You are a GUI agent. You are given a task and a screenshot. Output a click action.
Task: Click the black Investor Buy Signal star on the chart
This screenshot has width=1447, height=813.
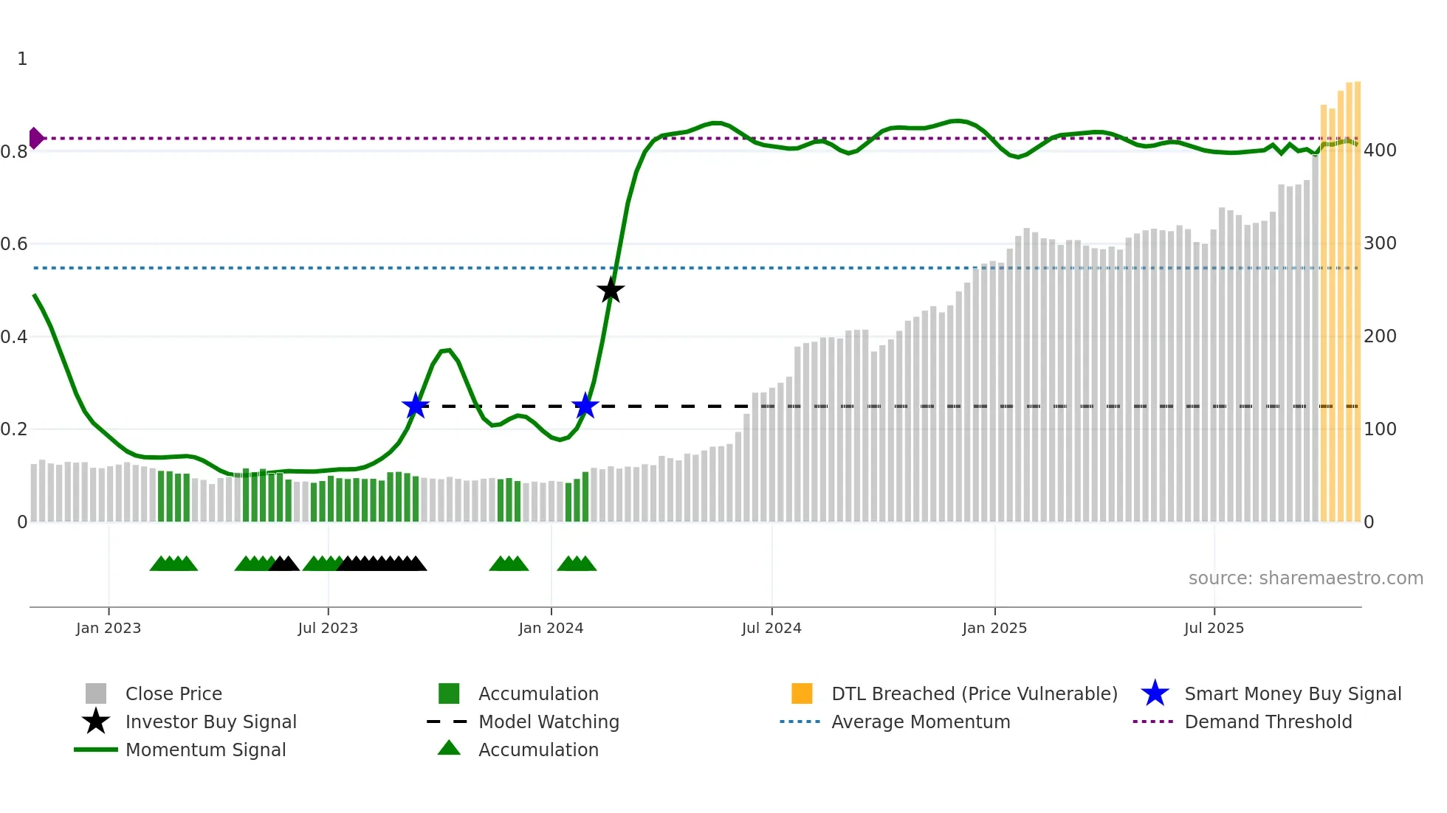click(x=611, y=291)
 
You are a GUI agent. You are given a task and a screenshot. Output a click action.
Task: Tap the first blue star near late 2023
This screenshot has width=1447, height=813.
click(x=416, y=406)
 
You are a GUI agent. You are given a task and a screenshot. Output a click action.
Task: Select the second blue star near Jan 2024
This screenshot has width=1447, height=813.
click(x=585, y=406)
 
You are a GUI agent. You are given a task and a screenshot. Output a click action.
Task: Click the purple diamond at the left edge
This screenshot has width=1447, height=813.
click(x=35, y=138)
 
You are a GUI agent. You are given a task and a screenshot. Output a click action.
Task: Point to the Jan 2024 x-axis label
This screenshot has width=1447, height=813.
click(x=551, y=628)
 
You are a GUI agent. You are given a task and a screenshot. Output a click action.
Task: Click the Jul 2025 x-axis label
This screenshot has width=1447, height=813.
click(x=1214, y=628)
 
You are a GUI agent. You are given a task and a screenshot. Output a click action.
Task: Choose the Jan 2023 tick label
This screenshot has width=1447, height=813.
click(x=109, y=628)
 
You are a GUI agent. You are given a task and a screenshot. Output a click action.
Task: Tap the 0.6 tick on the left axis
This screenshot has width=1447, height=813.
click(x=15, y=244)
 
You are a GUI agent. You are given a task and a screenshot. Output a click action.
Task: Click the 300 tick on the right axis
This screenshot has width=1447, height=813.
click(x=1380, y=243)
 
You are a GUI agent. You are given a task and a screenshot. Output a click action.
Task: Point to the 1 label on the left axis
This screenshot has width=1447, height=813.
click(x=22, y=59)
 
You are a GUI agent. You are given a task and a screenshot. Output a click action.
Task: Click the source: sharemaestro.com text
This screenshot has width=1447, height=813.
click(x=1305, y=578)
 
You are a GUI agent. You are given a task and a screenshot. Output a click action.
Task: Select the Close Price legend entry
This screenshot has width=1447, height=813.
click(x=173, y=693)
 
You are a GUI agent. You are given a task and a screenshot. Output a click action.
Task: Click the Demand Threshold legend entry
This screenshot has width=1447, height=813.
click(x=1268, y=722)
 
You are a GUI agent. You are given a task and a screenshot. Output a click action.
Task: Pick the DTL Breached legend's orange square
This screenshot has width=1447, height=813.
click(x=802, y=693)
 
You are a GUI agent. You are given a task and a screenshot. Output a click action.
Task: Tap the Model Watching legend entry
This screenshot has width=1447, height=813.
click(x=549, y=722)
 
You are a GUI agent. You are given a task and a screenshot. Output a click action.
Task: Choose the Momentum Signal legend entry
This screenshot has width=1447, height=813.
click(x=205, y=750)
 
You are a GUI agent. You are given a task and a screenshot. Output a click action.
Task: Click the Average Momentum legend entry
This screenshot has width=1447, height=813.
click(x=921, y=722)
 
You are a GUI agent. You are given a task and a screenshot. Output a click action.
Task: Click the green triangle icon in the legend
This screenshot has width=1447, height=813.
click(x=449, y=748)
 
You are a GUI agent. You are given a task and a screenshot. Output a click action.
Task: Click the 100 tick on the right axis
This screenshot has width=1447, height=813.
click(x=1380, y=429)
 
